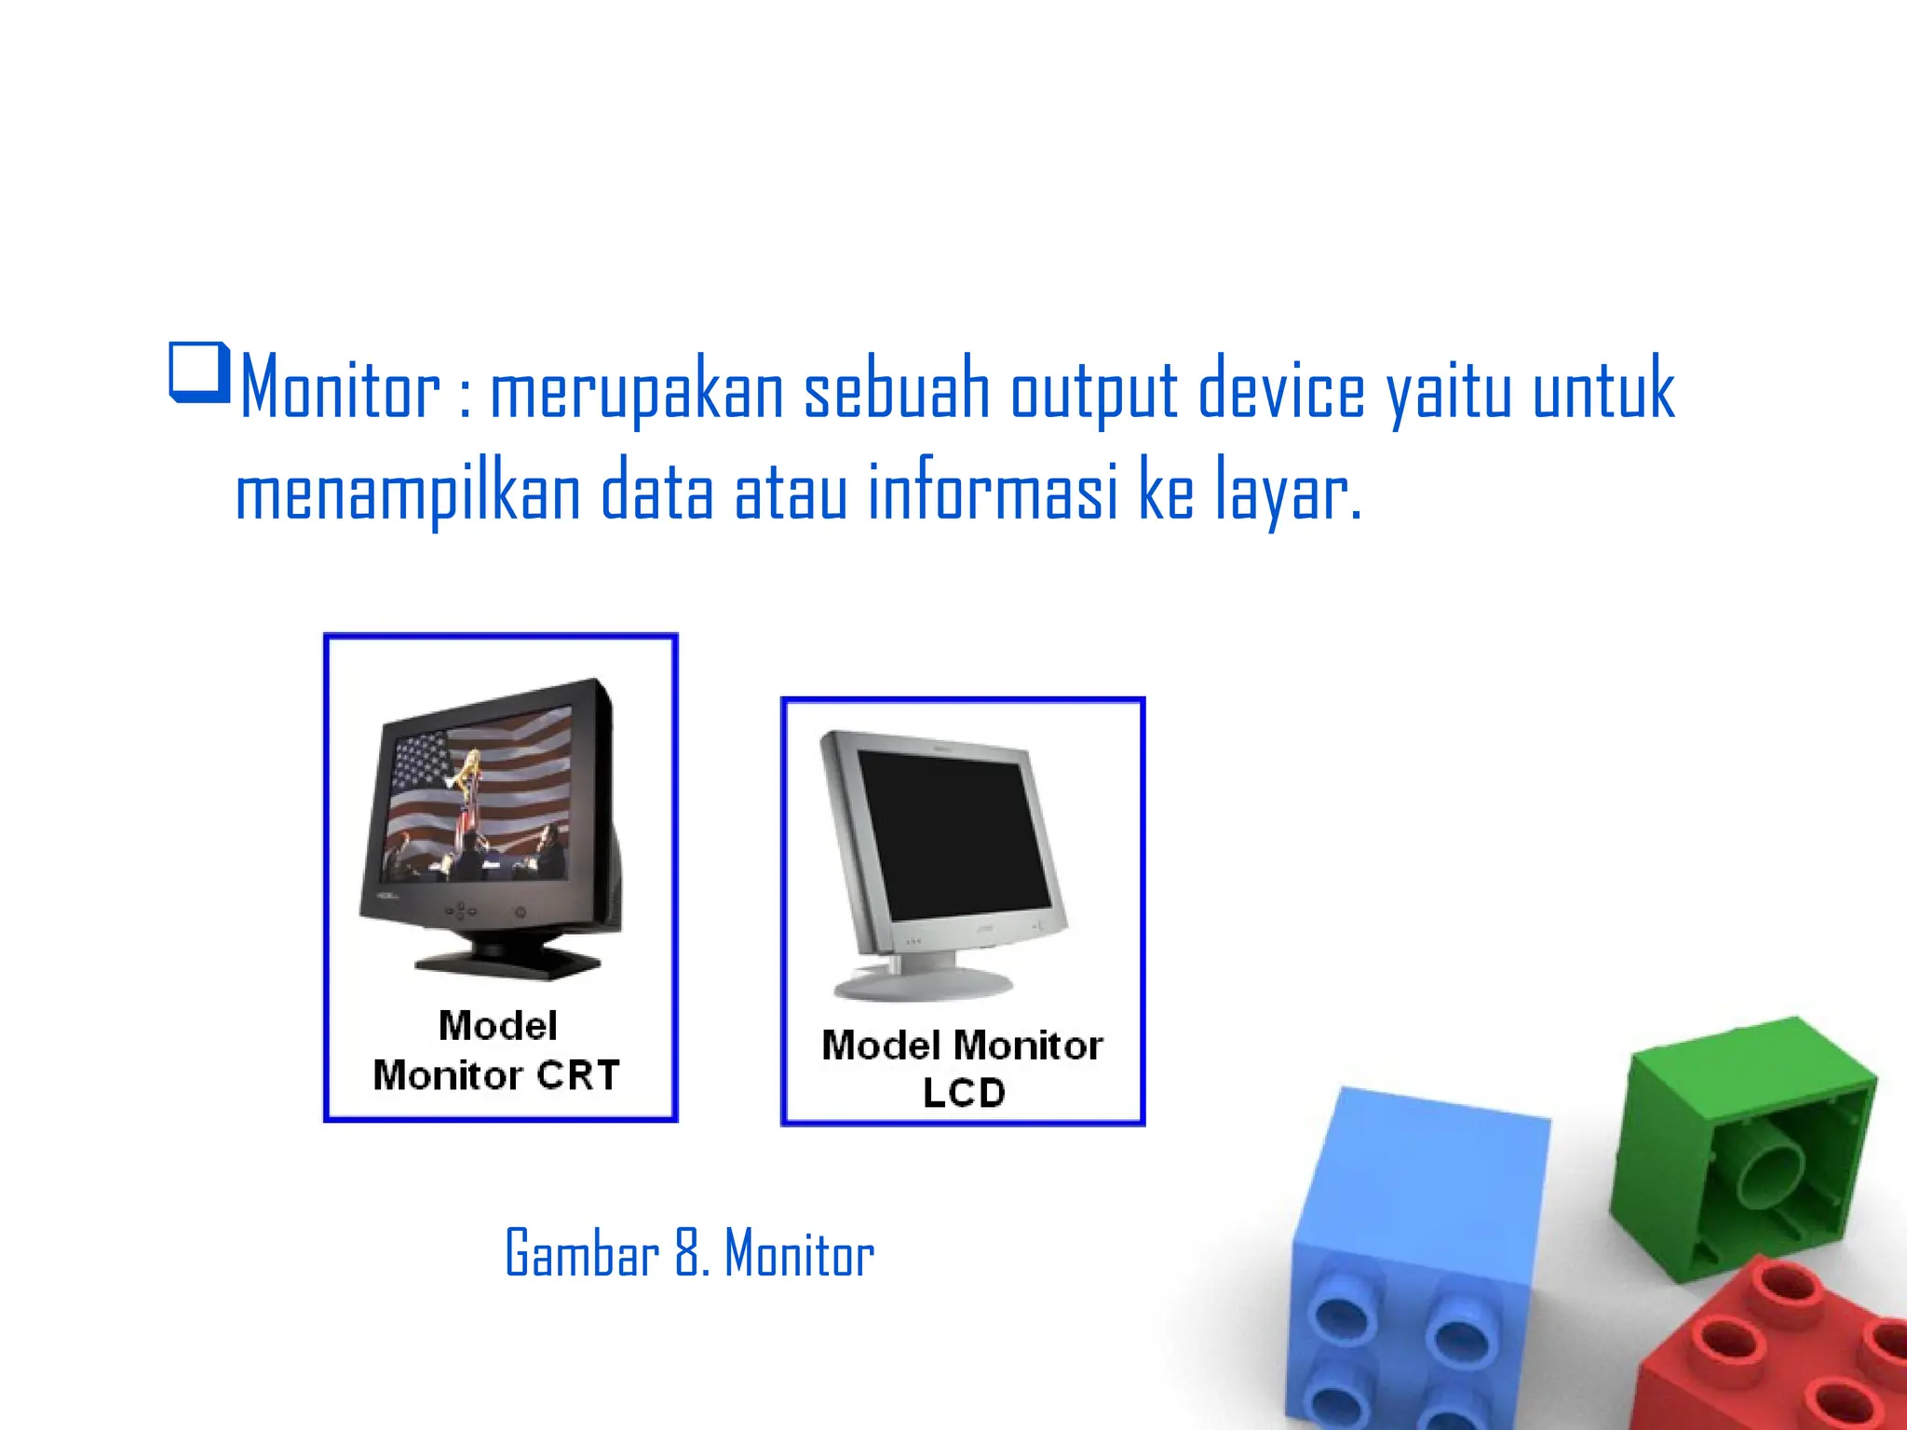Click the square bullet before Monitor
click(x=198, y=373)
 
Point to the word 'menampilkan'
click(x=409, y=493)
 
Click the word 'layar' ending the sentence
click(x=1284, y=493)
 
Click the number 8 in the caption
click(x=688, y=1253)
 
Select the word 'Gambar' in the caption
click(x=582, y=1253)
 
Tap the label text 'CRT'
click(x=578, y=1075)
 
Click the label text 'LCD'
click(x=964, y=1093)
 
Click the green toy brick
click(x=1741, y=1145)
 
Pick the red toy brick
click(x=1779, y=1350)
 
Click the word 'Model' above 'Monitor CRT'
click(x=498, y=1026)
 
